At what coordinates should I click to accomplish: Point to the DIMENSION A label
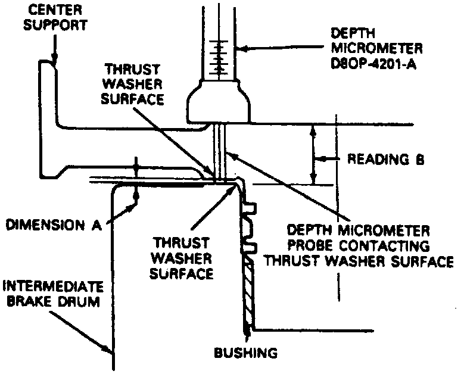coord(53,225)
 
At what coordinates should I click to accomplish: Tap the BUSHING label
coord(245,353)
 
